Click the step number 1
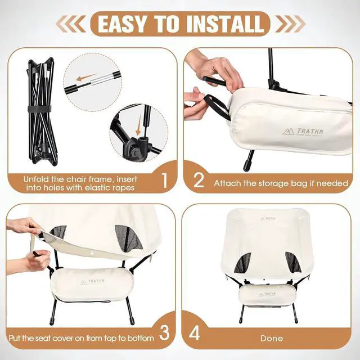click(x=164, y=181)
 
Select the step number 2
click(x=198, y=181)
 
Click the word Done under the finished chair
click(x=272, y=339)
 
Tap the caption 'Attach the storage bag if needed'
click(x=281, y=183)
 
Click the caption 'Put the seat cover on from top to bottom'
click(x=81, y=339)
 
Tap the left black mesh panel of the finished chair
click(x=243, y=262)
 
